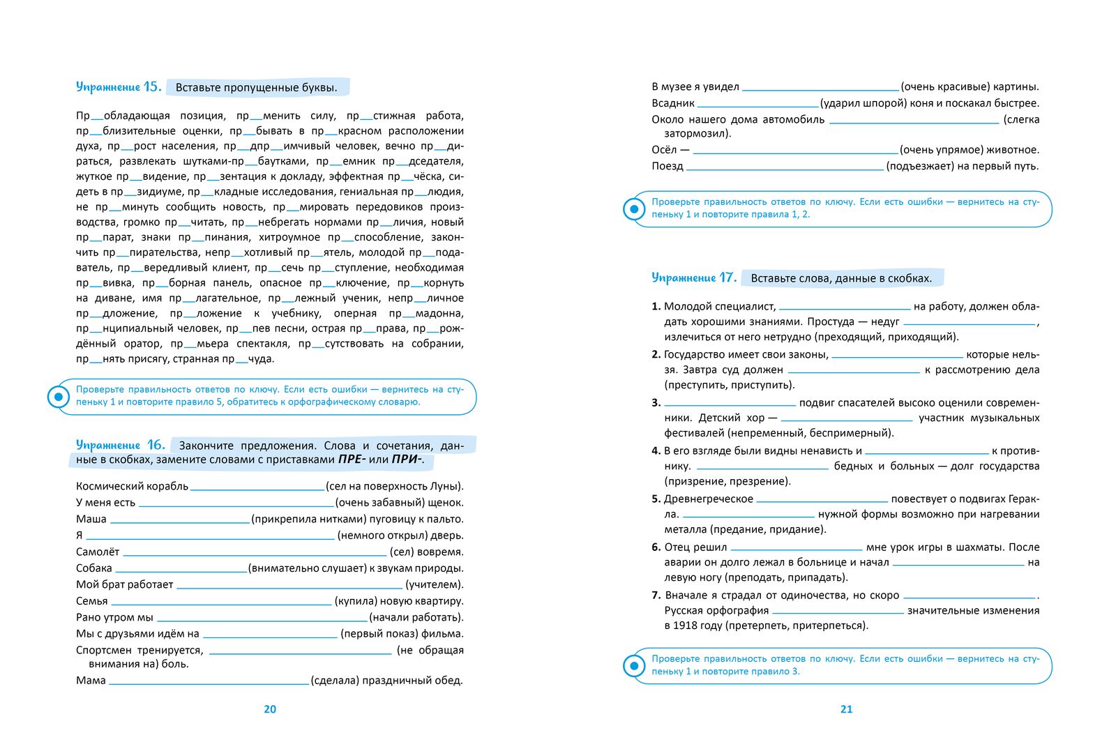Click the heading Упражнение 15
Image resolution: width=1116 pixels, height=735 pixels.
119,87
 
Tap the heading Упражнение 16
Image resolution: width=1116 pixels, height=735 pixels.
120,445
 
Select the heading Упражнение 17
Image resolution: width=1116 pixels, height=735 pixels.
694,278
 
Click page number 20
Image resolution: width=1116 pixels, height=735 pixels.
270,709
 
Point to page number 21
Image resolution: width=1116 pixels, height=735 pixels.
846,709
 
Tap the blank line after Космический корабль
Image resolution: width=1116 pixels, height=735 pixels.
257,487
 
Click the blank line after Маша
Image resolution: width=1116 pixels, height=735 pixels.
180,520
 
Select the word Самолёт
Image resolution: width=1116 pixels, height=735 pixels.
98,552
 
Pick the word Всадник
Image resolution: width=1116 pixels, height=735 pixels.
673,103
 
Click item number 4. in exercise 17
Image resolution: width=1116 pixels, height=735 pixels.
656,451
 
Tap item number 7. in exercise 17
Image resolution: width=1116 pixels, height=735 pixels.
656,596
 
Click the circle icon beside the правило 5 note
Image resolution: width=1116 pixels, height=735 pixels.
58,397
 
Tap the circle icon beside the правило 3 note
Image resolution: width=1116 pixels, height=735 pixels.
634,666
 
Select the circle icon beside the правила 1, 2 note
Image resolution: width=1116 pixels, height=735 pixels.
634,209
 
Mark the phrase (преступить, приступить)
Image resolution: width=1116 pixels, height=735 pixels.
730,385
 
